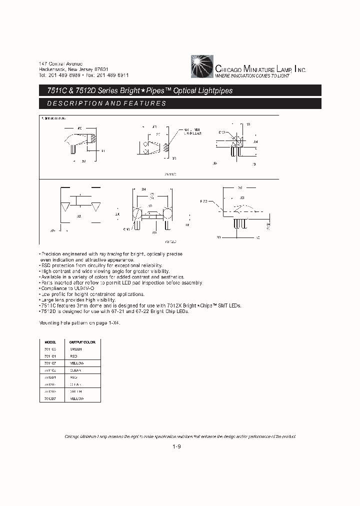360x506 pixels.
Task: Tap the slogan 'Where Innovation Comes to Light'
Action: (252, 76)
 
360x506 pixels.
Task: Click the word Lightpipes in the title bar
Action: (214, 91)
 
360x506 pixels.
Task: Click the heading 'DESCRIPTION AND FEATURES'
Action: (106, 103)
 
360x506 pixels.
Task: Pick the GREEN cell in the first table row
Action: (76, 348)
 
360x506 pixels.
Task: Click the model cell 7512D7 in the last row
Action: (50, 398)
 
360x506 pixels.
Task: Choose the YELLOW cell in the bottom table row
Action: (77, 398)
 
